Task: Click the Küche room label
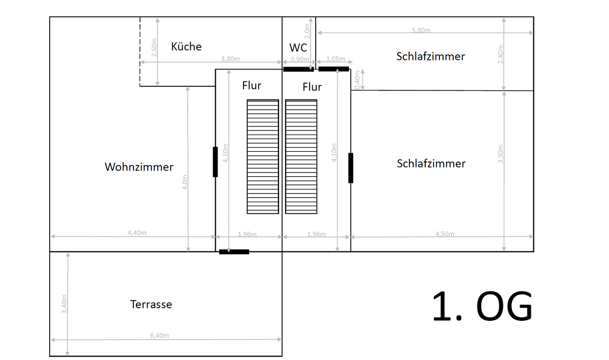pos(186,47)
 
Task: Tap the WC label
pos(298,48)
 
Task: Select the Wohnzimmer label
pos(139,167)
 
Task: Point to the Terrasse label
pos(151,304)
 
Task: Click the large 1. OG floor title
pos(482,306)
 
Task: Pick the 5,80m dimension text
pos(421,30)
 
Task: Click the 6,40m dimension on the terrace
pos(159,336)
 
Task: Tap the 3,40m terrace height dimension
pos(64,304)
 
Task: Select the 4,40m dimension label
pos(137,233)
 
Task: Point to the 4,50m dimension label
pos(445,234)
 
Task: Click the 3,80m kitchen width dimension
pos(230,59)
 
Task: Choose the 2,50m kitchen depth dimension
pos(154,47)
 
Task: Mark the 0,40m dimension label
pos(357,80)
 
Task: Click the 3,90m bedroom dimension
pos(500,154)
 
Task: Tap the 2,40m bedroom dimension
pos(500,54)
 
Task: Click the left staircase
pos(263,157)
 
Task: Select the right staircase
pos(301,157)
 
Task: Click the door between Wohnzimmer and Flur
pos(215,162)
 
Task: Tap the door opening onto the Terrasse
pos(234,252)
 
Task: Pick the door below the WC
pos(298,69)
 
